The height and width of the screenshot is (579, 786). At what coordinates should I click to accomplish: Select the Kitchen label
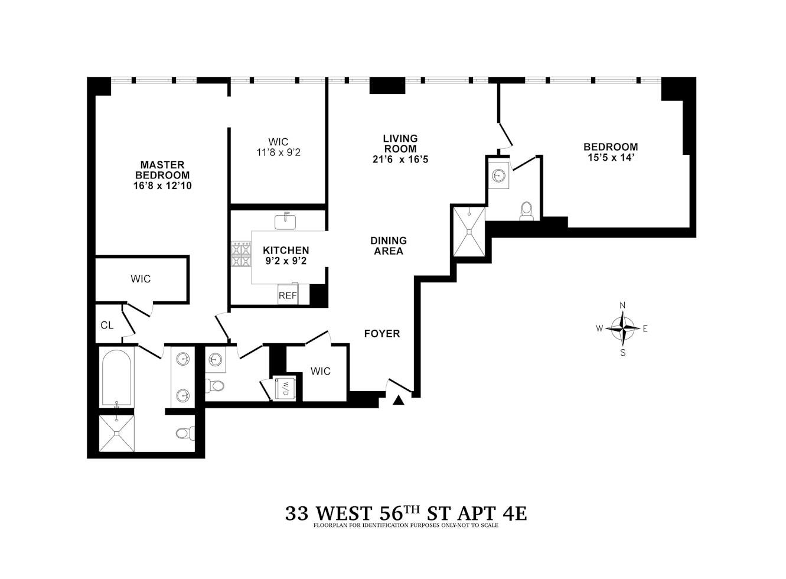pyautogui.click(x=286, y=251)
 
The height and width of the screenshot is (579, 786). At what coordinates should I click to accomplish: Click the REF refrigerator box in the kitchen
pyautogui.click(x=288, y=295)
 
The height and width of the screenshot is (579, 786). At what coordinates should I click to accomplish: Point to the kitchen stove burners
pyautogui.click(x=241, y=255)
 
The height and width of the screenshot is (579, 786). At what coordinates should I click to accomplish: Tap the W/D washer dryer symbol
pyautogui.click(x=285, y=388)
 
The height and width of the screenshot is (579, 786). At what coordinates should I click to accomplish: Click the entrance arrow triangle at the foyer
pyautogui.click(x=399, y=401)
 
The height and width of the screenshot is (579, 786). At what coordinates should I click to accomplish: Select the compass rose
pyautogui.click(x=622, y=328)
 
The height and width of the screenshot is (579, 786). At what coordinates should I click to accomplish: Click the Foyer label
pyautogui.click(x=381, y=334)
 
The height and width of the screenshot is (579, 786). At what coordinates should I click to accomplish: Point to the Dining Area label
pyautogui.click(x=388, y=246)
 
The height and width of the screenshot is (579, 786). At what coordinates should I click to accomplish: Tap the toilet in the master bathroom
pyautogui.click(x=184, y=434)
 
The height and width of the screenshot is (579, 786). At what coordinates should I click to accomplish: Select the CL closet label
pyautogui.click(x=107, y=325)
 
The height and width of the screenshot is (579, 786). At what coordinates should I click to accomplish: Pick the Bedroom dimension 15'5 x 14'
pyautogui.click(x=610, y=158)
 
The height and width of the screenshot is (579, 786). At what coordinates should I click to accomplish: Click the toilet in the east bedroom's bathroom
pyautogui.click(x=526, y=212)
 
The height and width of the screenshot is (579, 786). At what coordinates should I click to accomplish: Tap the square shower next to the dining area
pyautogui.click(x=469, y=232)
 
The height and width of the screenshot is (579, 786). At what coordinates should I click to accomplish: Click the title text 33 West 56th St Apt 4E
pyautogui.click(x=406, y=512)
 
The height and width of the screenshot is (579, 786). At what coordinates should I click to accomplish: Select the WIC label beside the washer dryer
pyautogui.click(x=321, y=371)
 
